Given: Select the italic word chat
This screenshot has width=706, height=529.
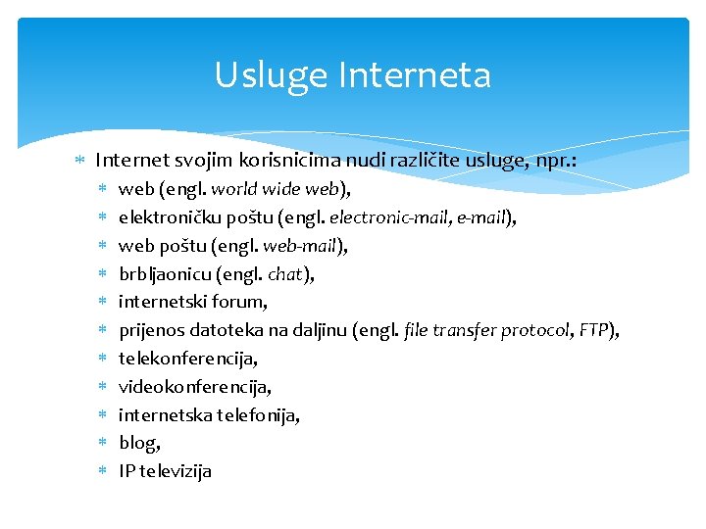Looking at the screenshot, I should tap(286, 274).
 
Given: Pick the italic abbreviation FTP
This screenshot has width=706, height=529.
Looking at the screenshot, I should tap(594, 330).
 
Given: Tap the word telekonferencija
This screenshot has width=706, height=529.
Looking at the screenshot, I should tap(187, 359).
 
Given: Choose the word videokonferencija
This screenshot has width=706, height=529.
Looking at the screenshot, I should tap(194, 387).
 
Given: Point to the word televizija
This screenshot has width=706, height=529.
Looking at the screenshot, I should tap(176, 471).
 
